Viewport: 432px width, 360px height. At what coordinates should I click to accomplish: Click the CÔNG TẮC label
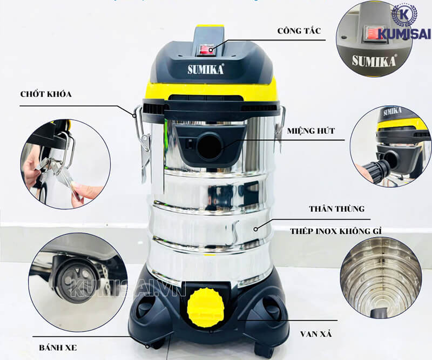coord(299,31)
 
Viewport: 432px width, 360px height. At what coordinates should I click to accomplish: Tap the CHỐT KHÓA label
coord(48,94)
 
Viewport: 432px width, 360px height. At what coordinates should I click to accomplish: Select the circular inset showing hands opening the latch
coord(65,164)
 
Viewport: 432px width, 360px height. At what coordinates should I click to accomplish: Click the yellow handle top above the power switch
coord(210,26)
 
